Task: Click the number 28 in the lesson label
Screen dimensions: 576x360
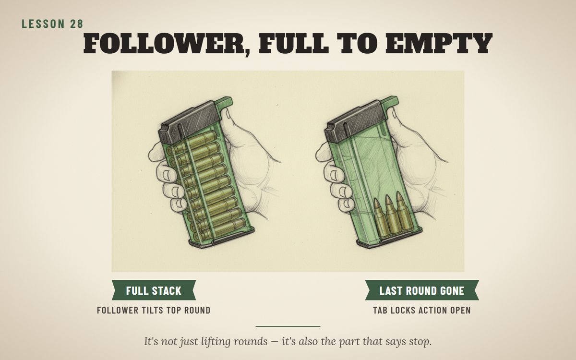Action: (x=77, y=24)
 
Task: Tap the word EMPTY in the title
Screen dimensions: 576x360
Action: (x=439, y=43)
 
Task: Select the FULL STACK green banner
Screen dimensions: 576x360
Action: (x=154, y=290)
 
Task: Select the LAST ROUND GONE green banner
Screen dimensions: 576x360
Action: (x=422, y=290)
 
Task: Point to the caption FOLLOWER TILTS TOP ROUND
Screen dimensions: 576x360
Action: (x=154, y=311)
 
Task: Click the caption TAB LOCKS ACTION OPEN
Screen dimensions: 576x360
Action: (x=422, y=311)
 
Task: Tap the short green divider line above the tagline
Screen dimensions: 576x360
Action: (x=288, y=326)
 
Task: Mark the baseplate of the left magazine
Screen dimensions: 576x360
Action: (x=221, y=238)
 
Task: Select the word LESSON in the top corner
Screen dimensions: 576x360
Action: (x=43, y=24)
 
